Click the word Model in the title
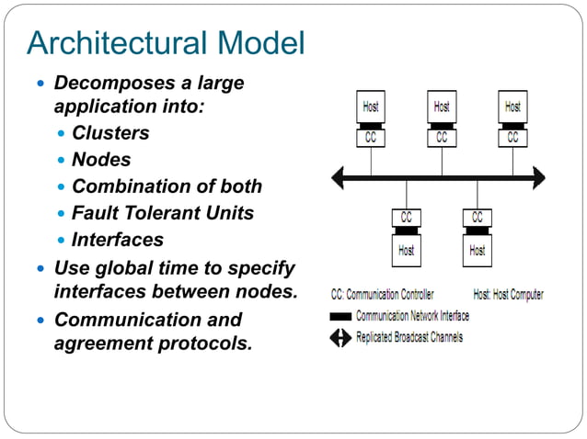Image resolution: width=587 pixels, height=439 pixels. [259, 42]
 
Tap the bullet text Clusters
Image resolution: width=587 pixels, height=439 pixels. [110, 133]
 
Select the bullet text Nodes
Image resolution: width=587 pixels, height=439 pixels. [101, 160]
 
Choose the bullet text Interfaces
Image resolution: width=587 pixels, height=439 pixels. [118, 240]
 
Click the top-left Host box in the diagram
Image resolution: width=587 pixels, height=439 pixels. [371, 107]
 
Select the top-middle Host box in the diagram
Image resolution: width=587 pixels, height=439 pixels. [442, 107]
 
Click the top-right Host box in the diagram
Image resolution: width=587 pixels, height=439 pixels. [512, 107]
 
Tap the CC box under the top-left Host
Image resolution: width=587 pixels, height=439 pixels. [371, 138]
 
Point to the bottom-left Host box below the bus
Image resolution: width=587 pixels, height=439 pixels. [406, 250]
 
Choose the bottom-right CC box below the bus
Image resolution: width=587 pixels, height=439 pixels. [477, 218]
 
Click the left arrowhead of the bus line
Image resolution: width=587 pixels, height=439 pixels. [338, 177]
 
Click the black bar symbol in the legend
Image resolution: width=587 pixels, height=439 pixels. [340, 316]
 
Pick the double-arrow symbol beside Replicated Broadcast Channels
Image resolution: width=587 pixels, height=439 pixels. [340, 337]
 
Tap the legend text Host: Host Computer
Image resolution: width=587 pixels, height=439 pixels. [508, 295]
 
